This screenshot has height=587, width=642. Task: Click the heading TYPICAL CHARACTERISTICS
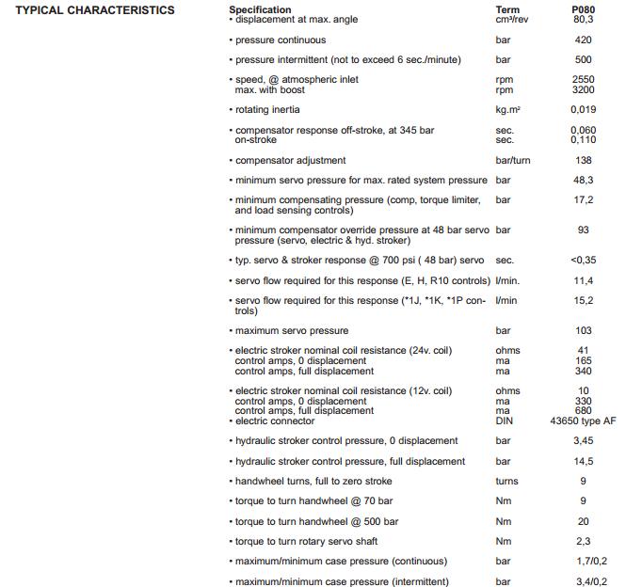click(x=95, y=10)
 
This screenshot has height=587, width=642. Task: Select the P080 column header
click(x=583, y=10)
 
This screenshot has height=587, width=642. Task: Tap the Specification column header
click(x=260, y=10)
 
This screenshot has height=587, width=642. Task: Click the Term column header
click(x=507, y=10)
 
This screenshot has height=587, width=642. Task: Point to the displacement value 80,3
click(x=583, y=20)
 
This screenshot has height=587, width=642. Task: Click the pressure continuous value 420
click(x=583, y=40)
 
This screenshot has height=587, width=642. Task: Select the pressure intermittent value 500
click(x=583, y=60)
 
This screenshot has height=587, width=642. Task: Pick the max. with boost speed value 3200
click(x=583, y=90)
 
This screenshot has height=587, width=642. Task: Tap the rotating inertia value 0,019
click(x=583, y=110)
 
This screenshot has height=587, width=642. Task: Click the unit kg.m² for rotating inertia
click(x=508, y=110)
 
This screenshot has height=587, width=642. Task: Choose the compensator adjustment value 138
click(x=583, y=161)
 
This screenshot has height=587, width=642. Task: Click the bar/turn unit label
click(x=513, y=161)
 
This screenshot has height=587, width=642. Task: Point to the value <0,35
click(x=583, y=261)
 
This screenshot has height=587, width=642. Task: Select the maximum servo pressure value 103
click(x=583, y=331)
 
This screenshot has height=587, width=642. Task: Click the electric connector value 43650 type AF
click(x=583, y=421)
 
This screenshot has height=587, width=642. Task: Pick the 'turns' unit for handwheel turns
click(x=506, y=482)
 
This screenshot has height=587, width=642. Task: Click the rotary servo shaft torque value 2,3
click(x=583, y=542)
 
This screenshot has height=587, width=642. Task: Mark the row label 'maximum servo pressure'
click(x=292, y=331)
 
